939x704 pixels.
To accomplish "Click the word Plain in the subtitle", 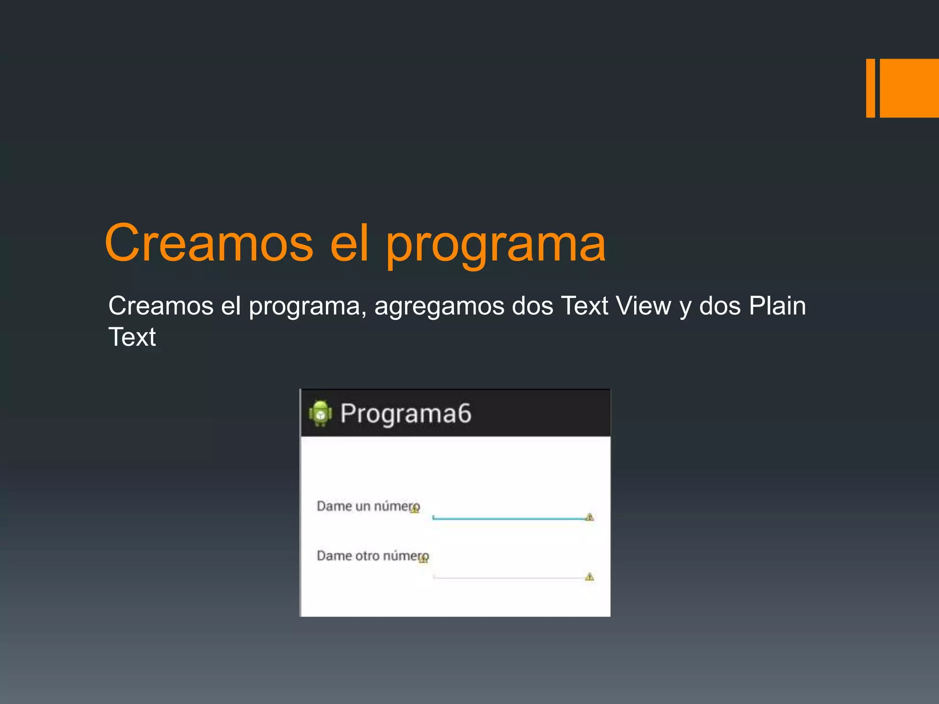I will [777, 306].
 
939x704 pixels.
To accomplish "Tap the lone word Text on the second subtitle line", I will [132, 337].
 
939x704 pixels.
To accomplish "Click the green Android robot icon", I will [320, 413].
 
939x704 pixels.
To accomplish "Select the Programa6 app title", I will [405, 413].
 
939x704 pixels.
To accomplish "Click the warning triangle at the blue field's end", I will [590, 517].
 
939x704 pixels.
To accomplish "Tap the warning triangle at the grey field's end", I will [590, 577].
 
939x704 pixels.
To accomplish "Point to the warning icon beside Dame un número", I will [415, 509].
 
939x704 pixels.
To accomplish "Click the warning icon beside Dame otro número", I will [424, 559].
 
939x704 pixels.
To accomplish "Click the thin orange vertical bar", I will [870, 88].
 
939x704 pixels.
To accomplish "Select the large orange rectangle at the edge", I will [909, 88].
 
